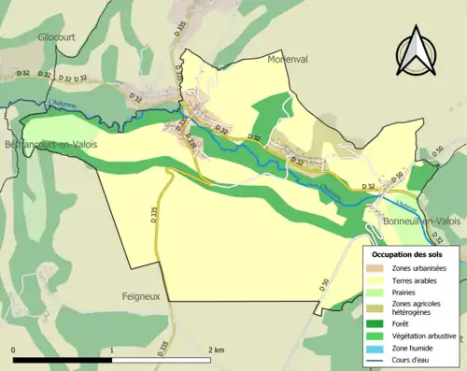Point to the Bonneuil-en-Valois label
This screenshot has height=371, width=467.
tap(418, 221)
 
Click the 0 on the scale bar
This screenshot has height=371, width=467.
tap(13, 350)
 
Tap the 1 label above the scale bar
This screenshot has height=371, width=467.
tap(113, 350)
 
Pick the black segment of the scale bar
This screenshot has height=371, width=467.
tap(63, 360)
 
